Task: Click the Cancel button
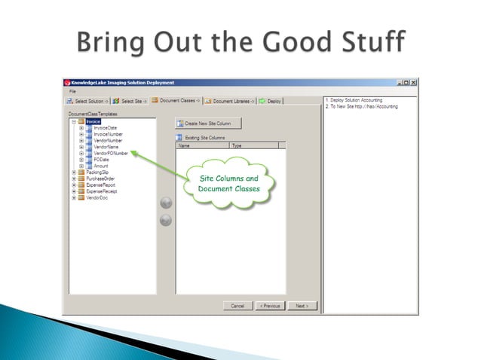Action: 237,306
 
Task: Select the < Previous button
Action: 269,306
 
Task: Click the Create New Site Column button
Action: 208,123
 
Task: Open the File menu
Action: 72,90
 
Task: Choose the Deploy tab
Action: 271,100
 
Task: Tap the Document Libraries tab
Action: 228,100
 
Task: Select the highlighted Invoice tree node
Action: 93,121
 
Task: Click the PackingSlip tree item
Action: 96,172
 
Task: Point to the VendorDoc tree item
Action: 96,197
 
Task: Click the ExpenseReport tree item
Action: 100,185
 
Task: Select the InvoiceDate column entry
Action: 106,128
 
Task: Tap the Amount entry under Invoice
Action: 101,166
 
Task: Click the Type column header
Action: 237,145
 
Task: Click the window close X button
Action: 414,82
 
